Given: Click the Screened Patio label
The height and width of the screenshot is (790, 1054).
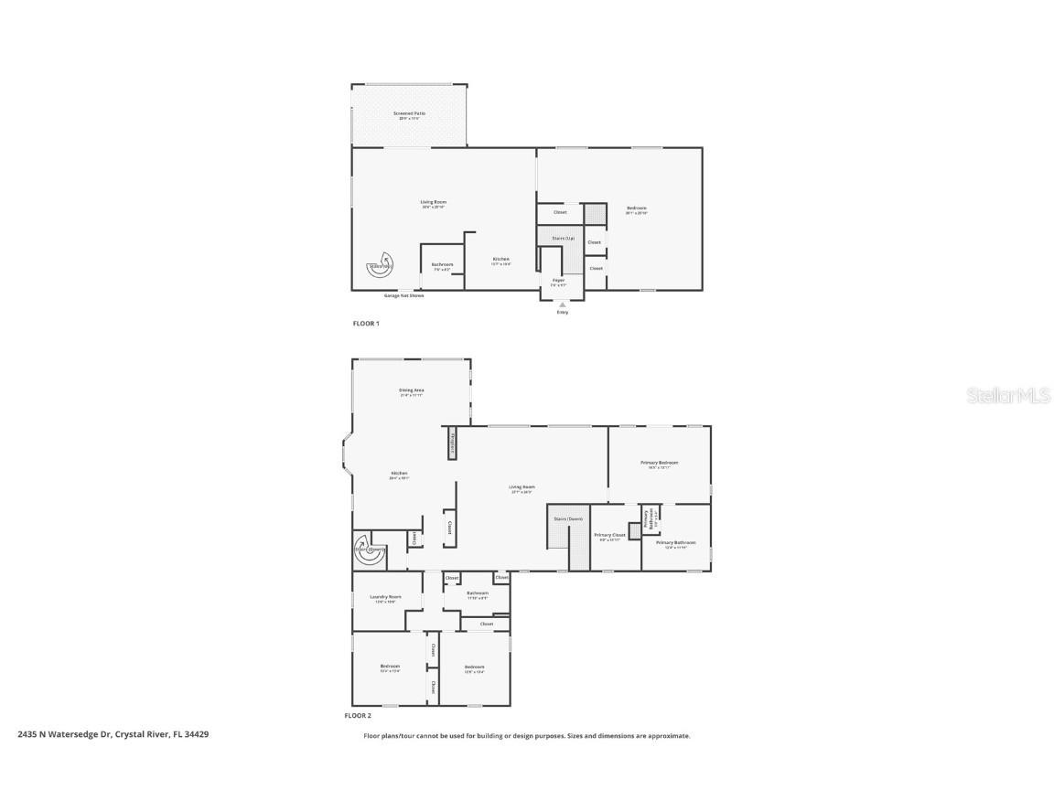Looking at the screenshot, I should pyautogui.click(x=409, y=114).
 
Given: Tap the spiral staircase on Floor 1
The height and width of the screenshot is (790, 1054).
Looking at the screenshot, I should pyautogui.click(x=378, y=266).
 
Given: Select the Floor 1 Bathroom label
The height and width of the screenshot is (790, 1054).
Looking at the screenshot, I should pyautogui.click(x=442, y=265).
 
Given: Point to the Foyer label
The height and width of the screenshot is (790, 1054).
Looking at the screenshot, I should pyautogui.click(x=558, y=280).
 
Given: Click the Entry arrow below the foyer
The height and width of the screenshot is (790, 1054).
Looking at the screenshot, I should pyautogui.click(x=562, y=304).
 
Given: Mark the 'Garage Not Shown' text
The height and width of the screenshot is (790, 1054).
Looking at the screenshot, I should pyautogui.click(x=403, y=295).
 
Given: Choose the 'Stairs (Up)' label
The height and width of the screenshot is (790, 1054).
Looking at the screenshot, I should pyautogui.click(x=564, y=238).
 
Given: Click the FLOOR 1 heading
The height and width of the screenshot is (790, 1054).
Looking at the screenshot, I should pyautogui.click(x=366, y=324).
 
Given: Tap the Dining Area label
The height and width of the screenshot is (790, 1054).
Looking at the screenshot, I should pyautogui.click(x=411, y=390).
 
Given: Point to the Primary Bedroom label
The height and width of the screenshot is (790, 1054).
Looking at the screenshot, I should pyautogui.click(x=659, y=463).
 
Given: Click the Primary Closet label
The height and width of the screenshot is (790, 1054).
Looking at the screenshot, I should pyautogui.click(x=609, y=535).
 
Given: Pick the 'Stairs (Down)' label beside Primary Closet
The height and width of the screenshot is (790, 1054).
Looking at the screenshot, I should pyautogui.click(x=568, y=518).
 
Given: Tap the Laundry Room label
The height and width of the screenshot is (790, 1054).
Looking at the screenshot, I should pyautogui.click(x=385, y=597).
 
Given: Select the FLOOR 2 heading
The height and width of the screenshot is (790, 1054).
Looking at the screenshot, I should pyautogui.click(x=358, y=716).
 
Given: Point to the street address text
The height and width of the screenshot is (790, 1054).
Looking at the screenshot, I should pyautogui.click(x=113, y=734).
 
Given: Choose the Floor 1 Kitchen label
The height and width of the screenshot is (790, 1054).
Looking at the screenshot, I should pyautogui.click(x=500, y=260).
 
